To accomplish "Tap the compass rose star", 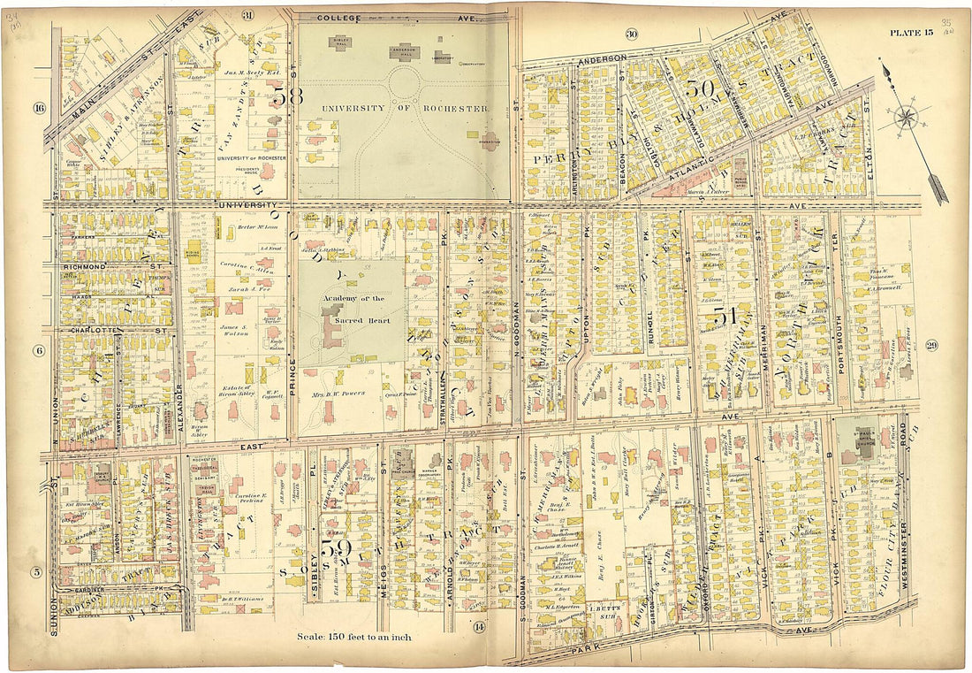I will coord(907,118).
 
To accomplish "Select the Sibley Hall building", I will coord(339,42).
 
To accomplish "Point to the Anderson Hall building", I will coord(402,51).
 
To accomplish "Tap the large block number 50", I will coord(698,88).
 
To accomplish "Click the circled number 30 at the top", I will coord(631,34).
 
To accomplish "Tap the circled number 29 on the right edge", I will coord(931,345).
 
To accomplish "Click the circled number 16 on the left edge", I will coord(39,109).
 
